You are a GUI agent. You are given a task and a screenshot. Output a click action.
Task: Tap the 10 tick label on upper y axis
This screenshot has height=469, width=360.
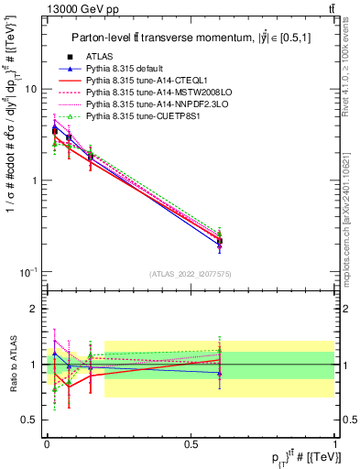click(x=31, y=90)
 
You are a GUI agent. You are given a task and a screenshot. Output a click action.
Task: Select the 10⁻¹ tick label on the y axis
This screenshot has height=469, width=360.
click(x=29, y=271)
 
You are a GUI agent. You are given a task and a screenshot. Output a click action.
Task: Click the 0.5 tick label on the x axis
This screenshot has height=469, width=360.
click(x=191, y=443)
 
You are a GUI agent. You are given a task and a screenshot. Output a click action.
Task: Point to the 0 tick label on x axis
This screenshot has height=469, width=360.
click(x=47, y=443)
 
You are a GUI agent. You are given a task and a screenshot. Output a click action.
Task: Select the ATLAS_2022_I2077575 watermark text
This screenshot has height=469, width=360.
click(x=191, y=274)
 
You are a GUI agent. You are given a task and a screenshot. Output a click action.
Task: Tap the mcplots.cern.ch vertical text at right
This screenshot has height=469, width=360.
click(x=352, y=211)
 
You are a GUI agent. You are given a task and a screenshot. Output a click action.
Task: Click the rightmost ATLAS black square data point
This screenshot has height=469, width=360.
click(x=219, y=241)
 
